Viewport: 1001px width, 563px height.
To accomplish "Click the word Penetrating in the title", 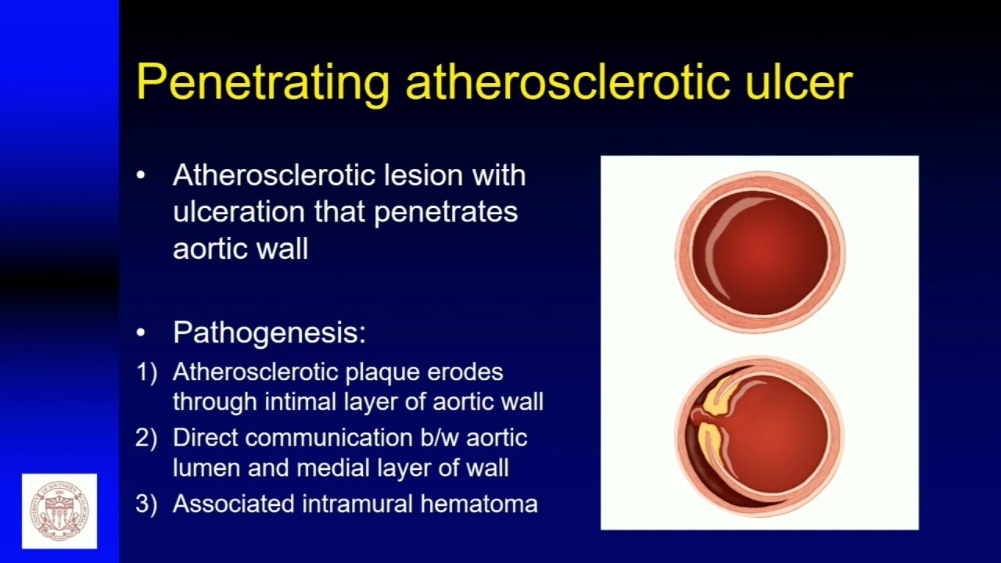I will [x=263, y=81].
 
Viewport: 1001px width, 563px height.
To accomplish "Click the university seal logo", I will [x=59, y=511].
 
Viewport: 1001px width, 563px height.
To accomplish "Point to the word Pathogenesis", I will [x=269, y=333].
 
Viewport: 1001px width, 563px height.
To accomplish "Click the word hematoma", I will [x=479, y=504].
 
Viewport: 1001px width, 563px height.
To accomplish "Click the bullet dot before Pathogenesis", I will [x=141, y=333].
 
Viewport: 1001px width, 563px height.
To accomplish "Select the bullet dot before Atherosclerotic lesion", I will [x=141, y=175].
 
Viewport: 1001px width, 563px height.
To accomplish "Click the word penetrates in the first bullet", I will [x=446, y=212].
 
